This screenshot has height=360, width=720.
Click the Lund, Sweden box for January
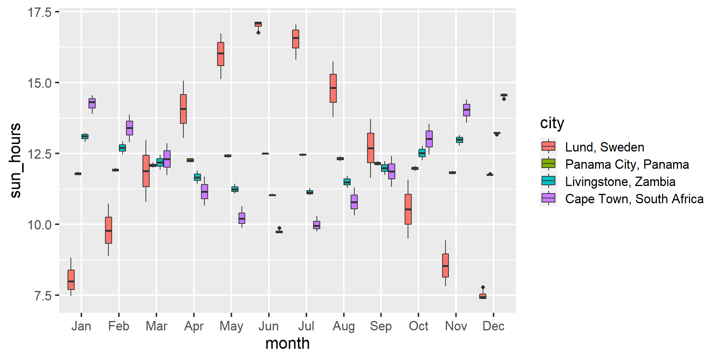tap(71, 280)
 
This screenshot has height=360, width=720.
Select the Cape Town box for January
tap(92, 103)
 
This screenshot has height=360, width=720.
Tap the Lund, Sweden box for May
tap(221, 54)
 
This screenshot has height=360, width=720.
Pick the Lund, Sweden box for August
tap(333, 88)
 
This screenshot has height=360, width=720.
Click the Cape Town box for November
tap(466, 110)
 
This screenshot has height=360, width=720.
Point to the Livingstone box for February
tap(122, 148)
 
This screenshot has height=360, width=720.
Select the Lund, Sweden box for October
tap(408, 209)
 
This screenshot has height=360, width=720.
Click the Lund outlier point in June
tap(258, 33)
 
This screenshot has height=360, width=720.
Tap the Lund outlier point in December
tap(483, 287)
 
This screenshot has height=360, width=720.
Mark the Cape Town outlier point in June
tap(279, 228)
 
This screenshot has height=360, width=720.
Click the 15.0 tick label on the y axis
tap(39, 83)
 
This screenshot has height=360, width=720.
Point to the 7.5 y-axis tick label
tap(43, 295)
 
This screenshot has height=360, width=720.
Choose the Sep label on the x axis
tap(381, 326)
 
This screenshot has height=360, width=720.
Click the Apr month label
tap(193, 326)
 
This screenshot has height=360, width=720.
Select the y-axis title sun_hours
tap(16, 160)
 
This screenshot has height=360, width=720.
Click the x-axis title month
tap(287, 343)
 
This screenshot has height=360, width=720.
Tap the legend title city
tap(552, 123)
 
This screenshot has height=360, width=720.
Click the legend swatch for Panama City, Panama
tap(548, 164)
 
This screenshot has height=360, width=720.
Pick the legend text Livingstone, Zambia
tap(620, 181)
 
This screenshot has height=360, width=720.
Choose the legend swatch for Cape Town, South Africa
tap(548, 198)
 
